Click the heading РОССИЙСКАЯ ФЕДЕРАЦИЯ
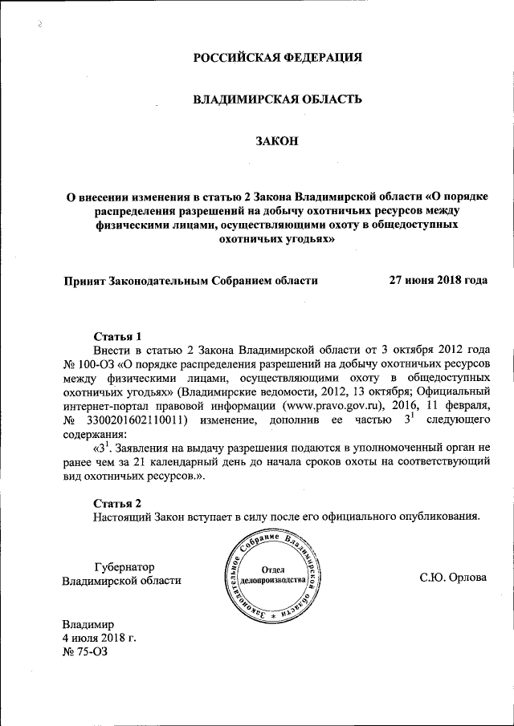[277, 57]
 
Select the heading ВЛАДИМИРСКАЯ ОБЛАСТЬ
[277, 99]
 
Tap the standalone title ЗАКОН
[277, 141]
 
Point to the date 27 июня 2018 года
[438, 281]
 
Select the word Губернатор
[124, 566]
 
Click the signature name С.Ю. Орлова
[453, 578]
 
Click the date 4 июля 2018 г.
[100, 638]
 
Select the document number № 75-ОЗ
[84, 651]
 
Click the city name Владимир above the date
[89, 624]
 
